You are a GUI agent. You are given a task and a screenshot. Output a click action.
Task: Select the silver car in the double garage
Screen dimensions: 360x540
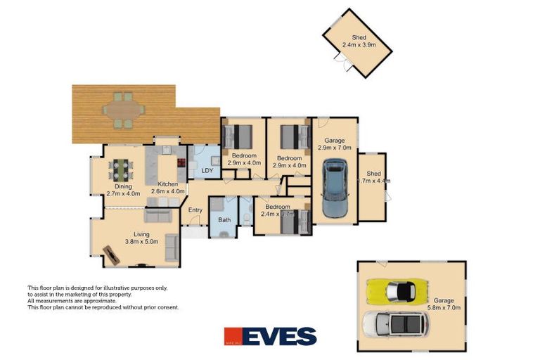pos(394,324)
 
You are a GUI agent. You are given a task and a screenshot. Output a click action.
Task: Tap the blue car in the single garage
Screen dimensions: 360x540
pos(334,188)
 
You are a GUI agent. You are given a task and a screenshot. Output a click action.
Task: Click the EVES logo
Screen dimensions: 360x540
pos(270,336)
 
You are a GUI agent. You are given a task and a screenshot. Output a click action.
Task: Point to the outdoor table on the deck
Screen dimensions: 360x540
pos(123,110)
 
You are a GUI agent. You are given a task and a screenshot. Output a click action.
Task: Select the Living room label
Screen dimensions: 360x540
pos(142,235)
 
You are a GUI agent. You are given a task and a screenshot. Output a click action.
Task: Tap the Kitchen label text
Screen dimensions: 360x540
pos(168,184)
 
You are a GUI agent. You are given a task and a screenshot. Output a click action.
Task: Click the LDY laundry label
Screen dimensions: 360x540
pos(207,170)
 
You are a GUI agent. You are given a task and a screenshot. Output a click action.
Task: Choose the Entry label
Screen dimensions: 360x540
pos(195,210)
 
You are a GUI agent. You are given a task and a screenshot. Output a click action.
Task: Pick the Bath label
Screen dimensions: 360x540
pos(224,220)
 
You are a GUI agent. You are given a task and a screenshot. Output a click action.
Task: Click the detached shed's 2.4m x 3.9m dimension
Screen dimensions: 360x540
pos(359,45)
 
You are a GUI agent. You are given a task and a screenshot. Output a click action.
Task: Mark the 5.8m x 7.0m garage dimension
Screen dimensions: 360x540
pos(443,307)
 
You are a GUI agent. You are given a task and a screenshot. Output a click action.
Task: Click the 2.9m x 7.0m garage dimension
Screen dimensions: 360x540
pos(334,148)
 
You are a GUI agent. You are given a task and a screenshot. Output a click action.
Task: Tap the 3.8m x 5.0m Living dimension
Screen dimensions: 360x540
pos(142,242)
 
